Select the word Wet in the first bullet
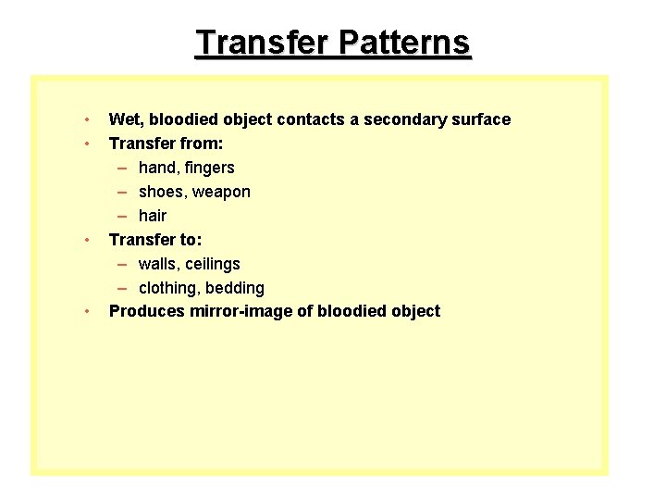coord(125,119)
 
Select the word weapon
coord(220,192)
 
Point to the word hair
coord(153,216)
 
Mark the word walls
coord(158,264)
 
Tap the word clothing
coord(168,288)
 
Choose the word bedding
coord(235,288)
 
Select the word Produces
coord(146,311)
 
